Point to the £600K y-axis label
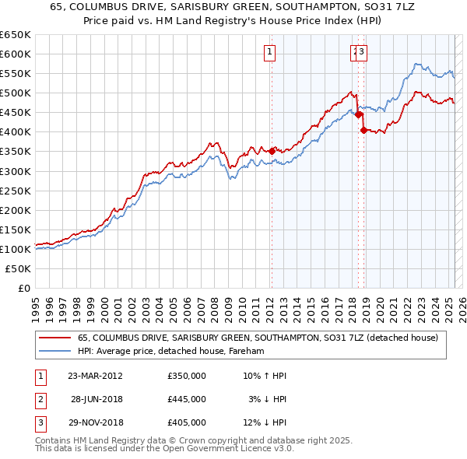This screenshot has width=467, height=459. (x=16, y=54)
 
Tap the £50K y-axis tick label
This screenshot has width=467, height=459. (x=19, y=268)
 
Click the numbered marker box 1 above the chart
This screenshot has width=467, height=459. (x=269, y=53)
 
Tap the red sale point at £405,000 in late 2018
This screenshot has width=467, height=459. (x=363, y=130)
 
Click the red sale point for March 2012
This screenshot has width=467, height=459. (x=272, y=151)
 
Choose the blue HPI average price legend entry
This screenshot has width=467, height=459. (x=171, y=352)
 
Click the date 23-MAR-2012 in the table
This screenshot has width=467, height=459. (x=95, y=376)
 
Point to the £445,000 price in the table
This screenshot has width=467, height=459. (x=187, y=399)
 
